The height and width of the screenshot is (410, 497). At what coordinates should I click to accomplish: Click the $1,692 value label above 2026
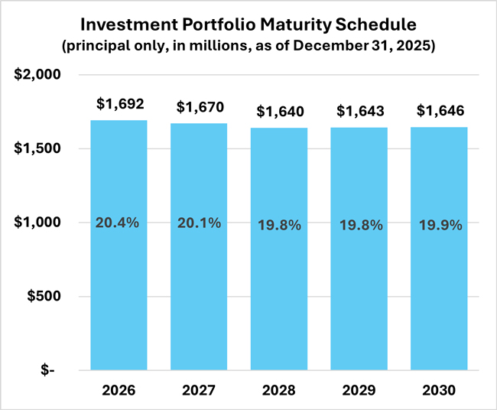pos(119,104)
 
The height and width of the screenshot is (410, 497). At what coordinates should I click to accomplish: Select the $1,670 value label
pos(199,107)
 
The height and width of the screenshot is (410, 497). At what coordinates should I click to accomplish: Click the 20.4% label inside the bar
pos(119,223)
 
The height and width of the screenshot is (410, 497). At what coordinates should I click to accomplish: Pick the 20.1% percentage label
pos(199,223)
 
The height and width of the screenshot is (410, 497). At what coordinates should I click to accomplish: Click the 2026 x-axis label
pos(119,390)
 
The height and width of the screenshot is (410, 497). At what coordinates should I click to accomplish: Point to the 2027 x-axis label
pos(199,390)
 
